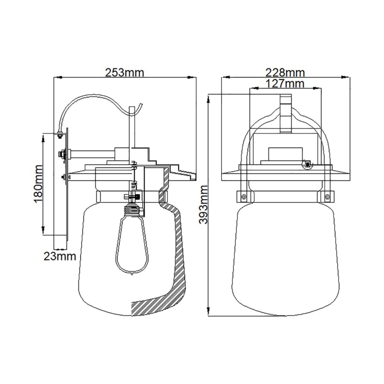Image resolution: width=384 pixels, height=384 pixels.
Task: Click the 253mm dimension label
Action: click(x=124, y=72)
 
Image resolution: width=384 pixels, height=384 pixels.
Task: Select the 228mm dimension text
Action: click(x=285, y=72)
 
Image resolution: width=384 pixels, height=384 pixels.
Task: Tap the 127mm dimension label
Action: click(x=285, y=83)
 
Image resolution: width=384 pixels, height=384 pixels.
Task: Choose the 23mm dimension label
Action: click(x=59, y=256)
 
